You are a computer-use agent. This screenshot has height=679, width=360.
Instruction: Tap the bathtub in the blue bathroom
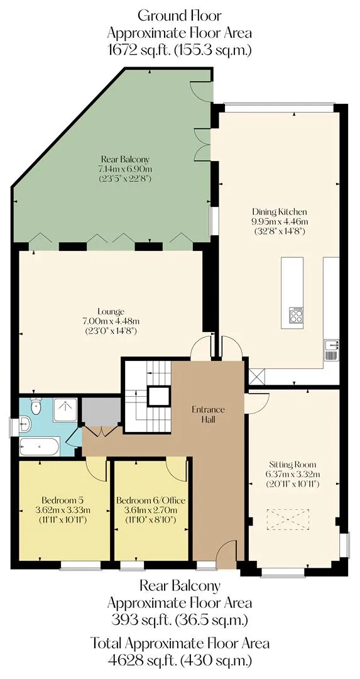(x=40, y=446)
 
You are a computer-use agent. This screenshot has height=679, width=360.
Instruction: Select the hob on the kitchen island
(x=296, y=314)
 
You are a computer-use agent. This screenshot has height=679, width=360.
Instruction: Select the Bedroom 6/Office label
(x=151, y=510)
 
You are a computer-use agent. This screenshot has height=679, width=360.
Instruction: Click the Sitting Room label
(x=293, y=474)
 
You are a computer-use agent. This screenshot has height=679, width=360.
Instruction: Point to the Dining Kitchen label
(x=280, y=221)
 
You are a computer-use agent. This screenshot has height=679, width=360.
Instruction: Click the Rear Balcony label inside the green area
(x=126, y=168)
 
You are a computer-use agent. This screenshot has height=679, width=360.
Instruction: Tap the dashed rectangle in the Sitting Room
(x=288, y=523)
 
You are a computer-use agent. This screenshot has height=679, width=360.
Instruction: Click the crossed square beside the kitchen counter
(x=256, y=376)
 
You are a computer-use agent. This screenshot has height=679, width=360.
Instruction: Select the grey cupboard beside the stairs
(x=101, y=411)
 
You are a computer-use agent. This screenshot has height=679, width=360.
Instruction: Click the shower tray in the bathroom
(x=65, y=410)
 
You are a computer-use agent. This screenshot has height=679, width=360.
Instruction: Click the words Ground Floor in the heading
(x=180, y=16)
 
